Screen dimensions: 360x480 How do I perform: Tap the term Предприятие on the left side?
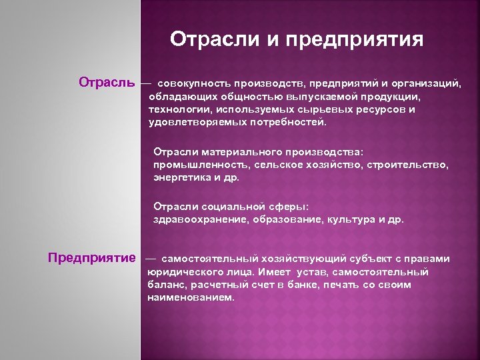(92, 258)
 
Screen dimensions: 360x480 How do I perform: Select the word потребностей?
(293, 123)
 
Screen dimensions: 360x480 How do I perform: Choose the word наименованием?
(191, 298)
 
